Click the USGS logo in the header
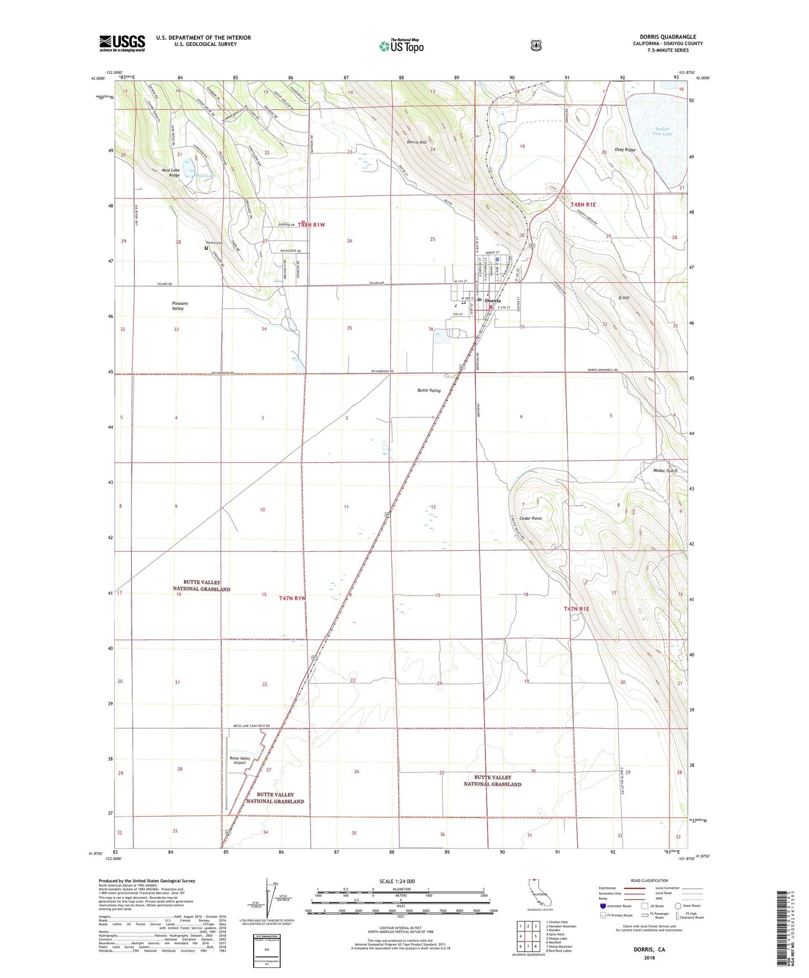(122, 43)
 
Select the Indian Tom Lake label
(662, 131)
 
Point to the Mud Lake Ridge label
(171, 173)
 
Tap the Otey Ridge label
(625, 150)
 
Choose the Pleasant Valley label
(179, 306)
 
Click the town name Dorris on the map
(493, 301)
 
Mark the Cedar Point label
(530, 519)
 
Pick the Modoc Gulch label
(665, 471)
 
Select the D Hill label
(624, 298)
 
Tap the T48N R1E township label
(583, 205)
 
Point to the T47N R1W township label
(293, 598)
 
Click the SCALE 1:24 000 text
(397, 881)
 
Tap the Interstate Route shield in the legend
(602, 906)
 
